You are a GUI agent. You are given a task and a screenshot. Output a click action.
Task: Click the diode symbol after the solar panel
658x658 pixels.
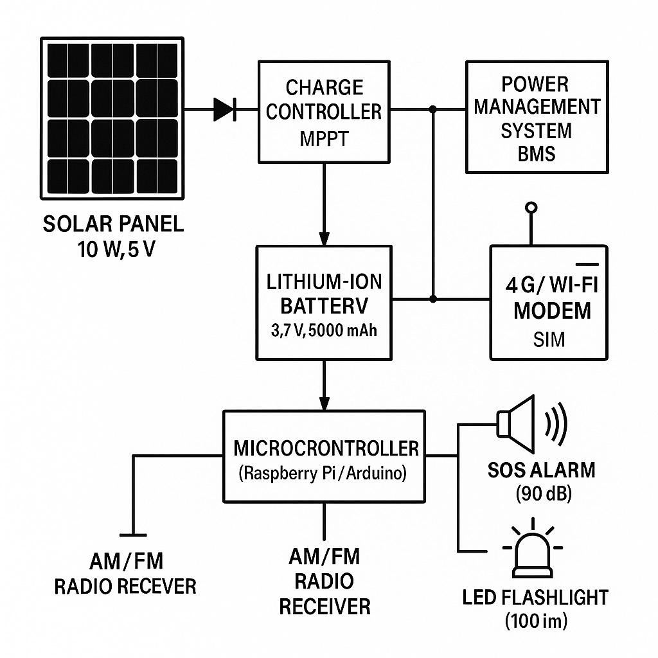click(225, 109)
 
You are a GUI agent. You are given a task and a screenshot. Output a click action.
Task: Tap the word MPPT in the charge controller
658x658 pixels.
click(324, 139)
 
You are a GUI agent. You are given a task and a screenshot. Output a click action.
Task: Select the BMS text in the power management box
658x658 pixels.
click(537, 154)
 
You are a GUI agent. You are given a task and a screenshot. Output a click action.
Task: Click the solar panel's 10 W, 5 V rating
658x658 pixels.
click(116, 250)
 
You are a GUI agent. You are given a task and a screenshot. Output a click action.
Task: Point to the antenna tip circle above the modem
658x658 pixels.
click(531, 208)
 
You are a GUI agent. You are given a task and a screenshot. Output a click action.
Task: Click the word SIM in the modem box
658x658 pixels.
click(549, 339)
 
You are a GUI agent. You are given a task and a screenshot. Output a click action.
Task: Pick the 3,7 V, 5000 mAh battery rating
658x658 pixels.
click(324, 331)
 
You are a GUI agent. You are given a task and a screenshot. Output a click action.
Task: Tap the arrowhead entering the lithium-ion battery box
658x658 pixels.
click(324, 238)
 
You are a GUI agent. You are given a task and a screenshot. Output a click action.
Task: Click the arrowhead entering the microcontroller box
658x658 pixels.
click(324, 404)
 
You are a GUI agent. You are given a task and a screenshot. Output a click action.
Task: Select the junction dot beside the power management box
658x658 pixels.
click(433, 109)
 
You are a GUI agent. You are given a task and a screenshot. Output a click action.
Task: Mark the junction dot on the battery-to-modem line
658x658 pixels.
click(433, 299)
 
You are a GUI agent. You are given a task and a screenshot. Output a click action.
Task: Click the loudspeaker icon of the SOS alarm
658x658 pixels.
click(516, 424)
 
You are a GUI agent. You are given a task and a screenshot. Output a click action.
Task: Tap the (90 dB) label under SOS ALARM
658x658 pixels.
click(544, 493)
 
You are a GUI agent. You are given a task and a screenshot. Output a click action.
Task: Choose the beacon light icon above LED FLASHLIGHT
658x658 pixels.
click(533, 548)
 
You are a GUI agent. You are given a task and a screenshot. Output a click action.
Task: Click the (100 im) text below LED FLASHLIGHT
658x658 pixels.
click(537, 621)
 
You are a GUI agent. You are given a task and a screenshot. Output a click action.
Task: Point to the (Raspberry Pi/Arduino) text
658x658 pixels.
click(323, 474)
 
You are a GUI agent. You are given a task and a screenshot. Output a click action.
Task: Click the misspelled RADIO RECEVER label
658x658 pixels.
click(125, 586)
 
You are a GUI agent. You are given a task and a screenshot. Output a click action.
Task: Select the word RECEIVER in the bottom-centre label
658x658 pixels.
click(325, 607)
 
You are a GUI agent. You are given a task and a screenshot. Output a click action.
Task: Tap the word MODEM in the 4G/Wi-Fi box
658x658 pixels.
click(552, 311)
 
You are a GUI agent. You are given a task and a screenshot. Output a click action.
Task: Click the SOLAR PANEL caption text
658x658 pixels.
click(113, 224)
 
